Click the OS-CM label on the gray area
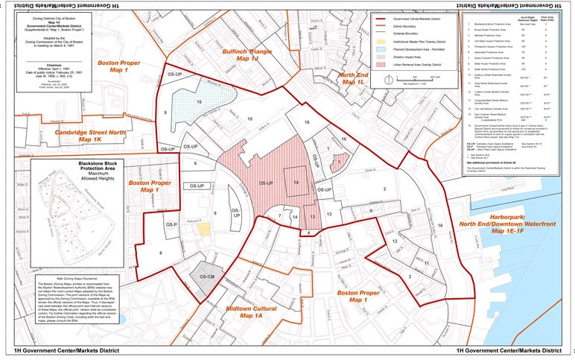tap(206, 277)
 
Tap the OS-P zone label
tap(172, 224)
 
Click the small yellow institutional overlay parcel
tap(203, 229)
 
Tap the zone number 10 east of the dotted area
tap(250, 119)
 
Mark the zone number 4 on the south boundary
tap(308, 234)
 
